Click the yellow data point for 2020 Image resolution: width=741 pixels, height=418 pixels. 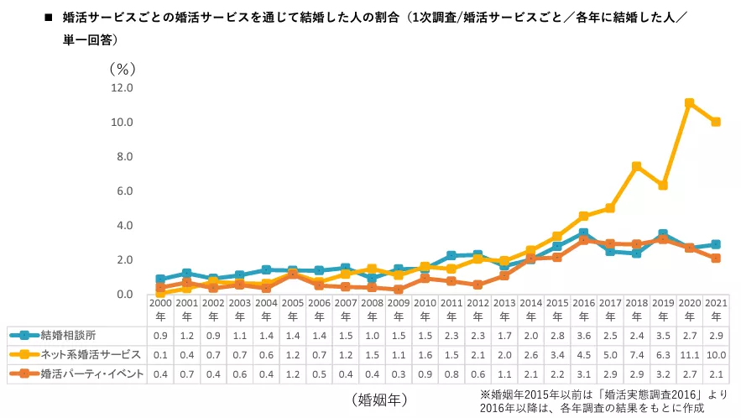tap(688, 103)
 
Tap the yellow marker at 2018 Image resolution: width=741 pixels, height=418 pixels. tap(636, 166)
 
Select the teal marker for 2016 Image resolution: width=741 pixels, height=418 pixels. tap(583, 233)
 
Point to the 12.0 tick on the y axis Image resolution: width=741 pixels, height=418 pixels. tap(122, 87)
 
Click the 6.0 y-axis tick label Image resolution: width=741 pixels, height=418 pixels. tap(124, 191)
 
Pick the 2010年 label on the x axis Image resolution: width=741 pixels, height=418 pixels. tap(425, 310)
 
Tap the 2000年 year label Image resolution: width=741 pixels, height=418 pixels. tap(160, 310)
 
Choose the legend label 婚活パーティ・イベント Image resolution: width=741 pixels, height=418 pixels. tap(92, 374)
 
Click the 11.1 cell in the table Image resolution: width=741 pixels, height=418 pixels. tap(688, 355)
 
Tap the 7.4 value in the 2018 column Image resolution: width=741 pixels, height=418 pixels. tap(636, 355)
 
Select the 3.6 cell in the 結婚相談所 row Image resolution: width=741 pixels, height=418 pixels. tap(583, 336)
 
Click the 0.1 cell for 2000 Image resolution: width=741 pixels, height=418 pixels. tap(160, 355)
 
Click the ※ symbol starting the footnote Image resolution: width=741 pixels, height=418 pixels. tap(484, 393)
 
